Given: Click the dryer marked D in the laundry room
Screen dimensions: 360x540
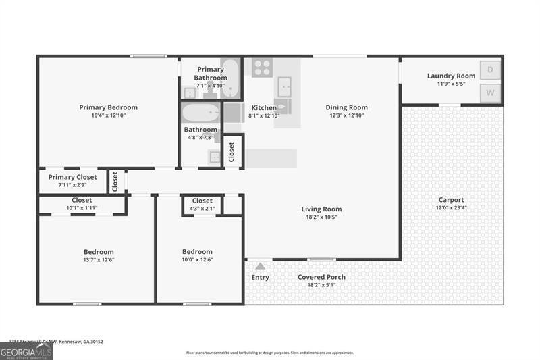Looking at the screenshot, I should tap(490, 70).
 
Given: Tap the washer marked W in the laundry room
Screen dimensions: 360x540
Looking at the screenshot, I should tap(490, 93).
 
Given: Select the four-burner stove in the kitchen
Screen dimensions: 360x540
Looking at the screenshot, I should tap(262, 67).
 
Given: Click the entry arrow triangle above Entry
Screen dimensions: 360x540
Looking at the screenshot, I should tap(261, 266).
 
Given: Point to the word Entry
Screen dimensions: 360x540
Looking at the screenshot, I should tap(261, 278).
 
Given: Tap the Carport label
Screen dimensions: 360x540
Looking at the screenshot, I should tap(451, 200).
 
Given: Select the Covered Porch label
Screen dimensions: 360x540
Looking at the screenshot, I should tap(321, 277).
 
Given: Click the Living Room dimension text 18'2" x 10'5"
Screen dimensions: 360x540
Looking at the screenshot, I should tap(321, 217).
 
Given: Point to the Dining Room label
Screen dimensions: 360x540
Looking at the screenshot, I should tap(346, 107).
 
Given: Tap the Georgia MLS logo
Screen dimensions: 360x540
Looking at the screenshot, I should tap(26, 351).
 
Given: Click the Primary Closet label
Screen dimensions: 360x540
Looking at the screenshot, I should tap(72, 177).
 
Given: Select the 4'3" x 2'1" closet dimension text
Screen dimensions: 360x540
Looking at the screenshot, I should tap(202, 209).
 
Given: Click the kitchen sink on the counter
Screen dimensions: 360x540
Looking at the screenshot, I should tap(285, 86).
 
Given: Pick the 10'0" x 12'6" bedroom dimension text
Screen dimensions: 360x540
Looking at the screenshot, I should tap(197, 260).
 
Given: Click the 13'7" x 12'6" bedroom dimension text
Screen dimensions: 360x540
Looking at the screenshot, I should tap(98, 260).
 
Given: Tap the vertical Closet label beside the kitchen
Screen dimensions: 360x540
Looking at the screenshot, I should tap(232, 152).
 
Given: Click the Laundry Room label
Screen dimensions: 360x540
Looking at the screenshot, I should tap(451, 76).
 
